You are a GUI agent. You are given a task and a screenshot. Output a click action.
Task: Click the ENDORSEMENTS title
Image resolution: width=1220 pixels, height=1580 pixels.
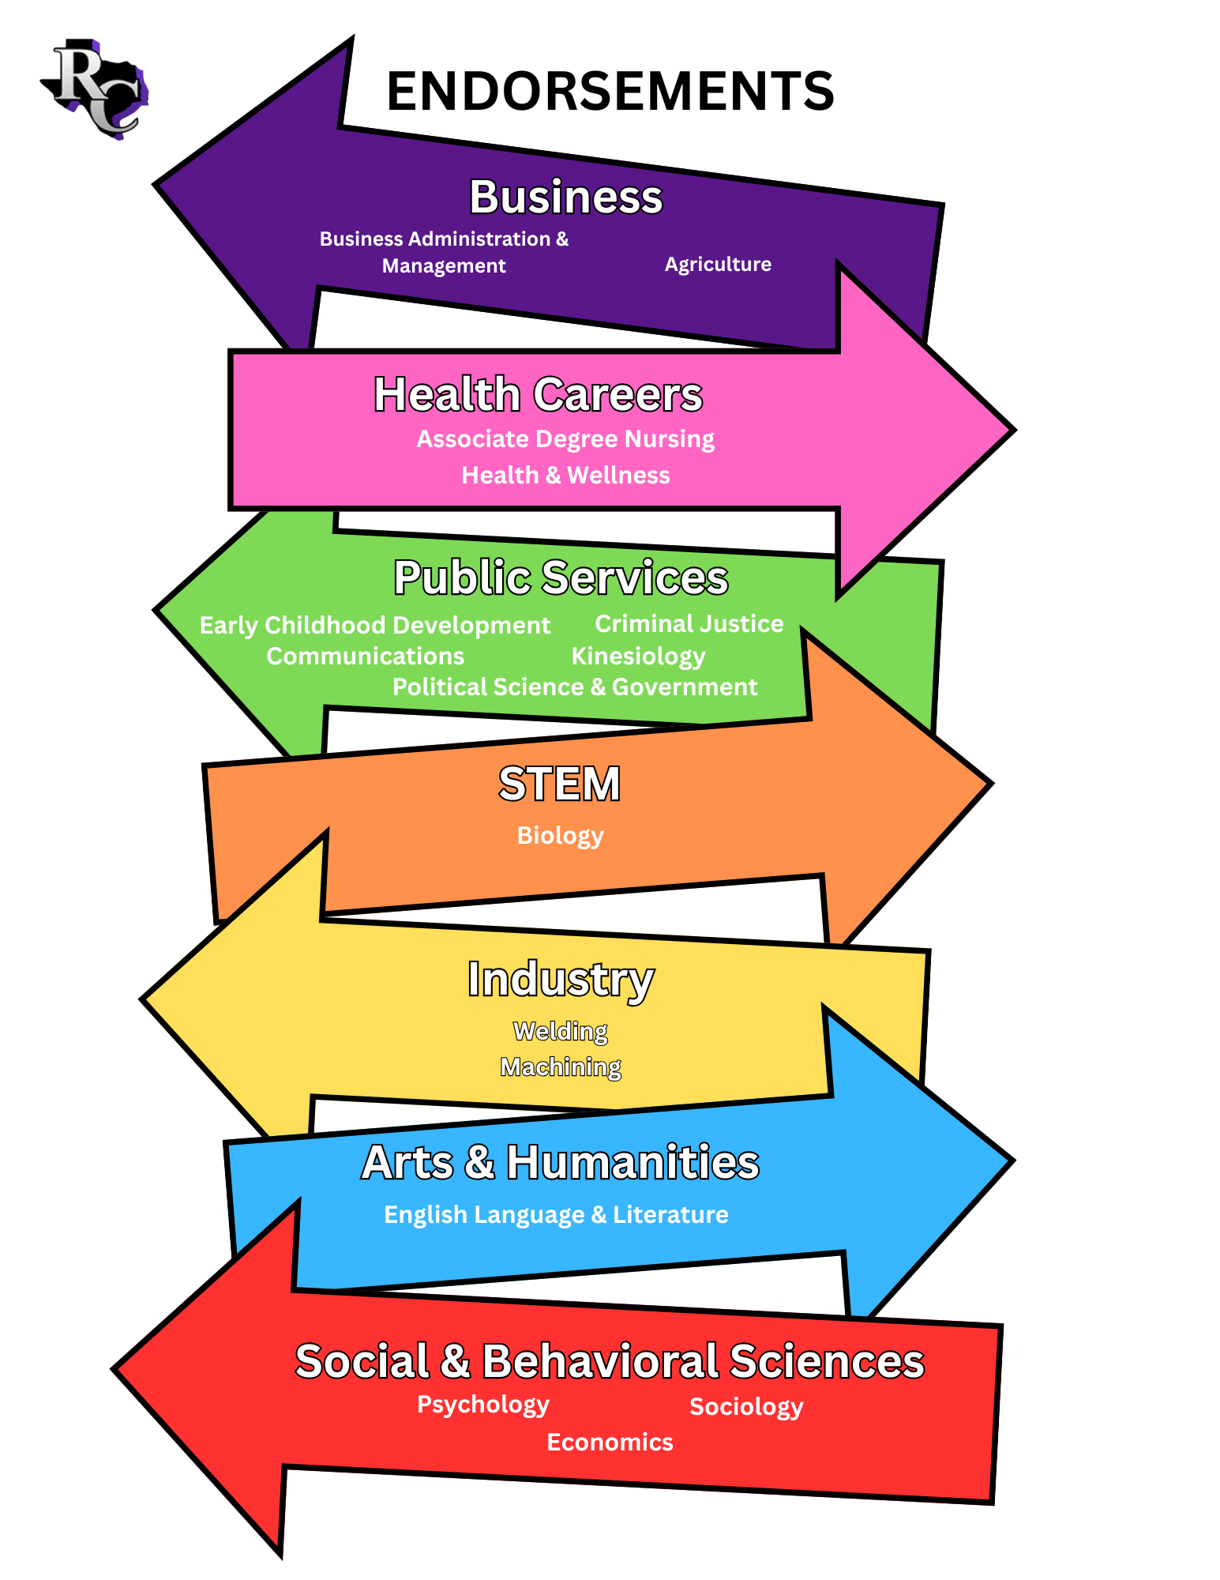(x=610, y=91)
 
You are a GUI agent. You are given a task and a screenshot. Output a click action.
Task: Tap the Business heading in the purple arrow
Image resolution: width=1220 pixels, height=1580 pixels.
(x=565, y=197)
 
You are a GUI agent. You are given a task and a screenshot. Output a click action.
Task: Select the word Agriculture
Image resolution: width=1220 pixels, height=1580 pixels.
(x=718, y=264)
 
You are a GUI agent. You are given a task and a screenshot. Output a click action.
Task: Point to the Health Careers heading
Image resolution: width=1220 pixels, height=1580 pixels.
(x=538, y=394)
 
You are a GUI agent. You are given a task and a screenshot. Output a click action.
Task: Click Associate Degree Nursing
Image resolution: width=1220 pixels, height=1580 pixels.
(x=565, y=439)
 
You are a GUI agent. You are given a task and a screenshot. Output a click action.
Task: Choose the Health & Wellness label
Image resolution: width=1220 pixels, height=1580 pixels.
(x=565, y=475)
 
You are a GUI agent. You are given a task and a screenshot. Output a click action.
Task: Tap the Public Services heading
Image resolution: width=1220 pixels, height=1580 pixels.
(x=561, y=577)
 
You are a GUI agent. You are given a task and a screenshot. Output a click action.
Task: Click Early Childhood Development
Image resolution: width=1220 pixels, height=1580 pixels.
(x=374, y=625)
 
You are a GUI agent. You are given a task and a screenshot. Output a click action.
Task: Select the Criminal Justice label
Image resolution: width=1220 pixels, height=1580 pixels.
(x=689, y=623)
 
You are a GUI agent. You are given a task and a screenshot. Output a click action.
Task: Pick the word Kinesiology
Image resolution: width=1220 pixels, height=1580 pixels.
(x=638, y=656)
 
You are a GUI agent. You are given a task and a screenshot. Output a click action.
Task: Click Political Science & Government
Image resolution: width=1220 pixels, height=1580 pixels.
(x=575, y=687)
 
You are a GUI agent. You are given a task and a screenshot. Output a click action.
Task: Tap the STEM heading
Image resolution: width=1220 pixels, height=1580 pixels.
(x=559, y=784)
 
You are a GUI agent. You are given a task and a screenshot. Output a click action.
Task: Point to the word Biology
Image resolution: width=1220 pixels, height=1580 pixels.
(x=560, y=835)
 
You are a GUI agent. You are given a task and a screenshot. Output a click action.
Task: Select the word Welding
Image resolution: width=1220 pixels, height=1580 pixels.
(x=560, y=1031)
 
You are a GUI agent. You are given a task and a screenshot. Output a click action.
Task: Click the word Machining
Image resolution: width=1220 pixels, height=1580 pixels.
(x=561, y=1066)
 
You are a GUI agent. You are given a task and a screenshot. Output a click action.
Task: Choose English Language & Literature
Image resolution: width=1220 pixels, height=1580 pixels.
(x=556, y=1214)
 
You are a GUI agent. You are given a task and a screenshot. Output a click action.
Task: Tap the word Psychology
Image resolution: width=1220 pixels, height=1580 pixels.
(x=482, y=1404)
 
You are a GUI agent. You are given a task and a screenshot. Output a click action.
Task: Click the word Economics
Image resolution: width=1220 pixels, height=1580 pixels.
(x=610, y=1442)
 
